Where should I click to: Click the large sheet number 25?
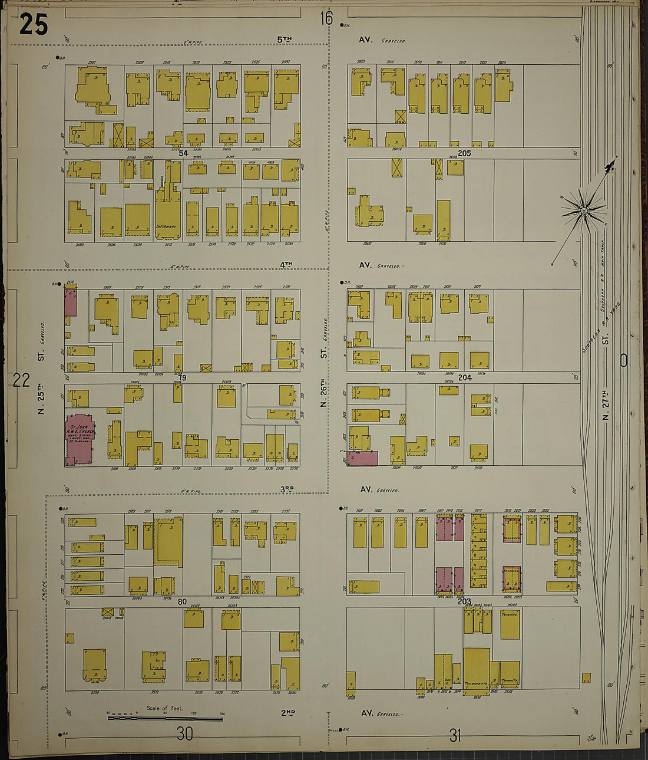tap(33, 24)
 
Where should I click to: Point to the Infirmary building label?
tap(167, 226)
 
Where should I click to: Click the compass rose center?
tap(583, 210)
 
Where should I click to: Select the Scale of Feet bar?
tap(165, 718)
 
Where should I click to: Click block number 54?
tap(183, 153)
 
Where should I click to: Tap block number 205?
tap(464, 153)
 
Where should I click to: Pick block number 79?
tap(182, 377)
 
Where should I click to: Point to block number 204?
tap(465, 377)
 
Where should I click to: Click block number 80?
tap(182, 602)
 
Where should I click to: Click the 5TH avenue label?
tap(285, 40)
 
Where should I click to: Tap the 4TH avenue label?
tap(286, 265)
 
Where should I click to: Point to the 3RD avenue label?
tap(287, 489)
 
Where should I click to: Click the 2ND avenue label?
tap(287, 713)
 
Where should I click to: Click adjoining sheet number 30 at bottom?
tap(184, 733)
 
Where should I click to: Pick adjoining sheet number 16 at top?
tap(326, 18)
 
